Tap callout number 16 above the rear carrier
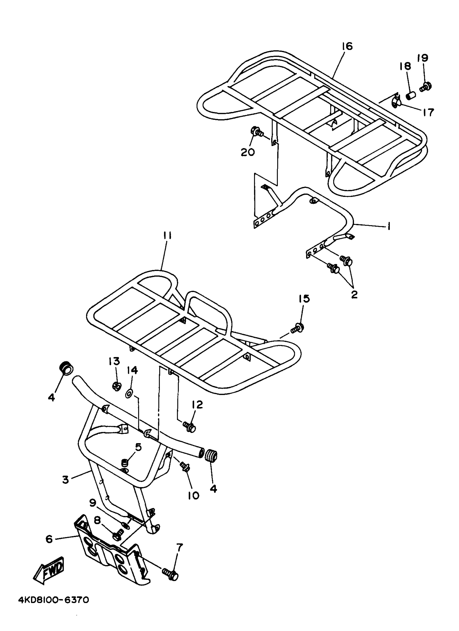pyautogui.click(x=347, y=46)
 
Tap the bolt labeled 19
pyautogui.click(x=426, y=87)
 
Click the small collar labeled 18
pyautogui.click(x=411, y=96)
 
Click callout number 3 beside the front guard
pyautogui.click(x=65, y=479)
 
